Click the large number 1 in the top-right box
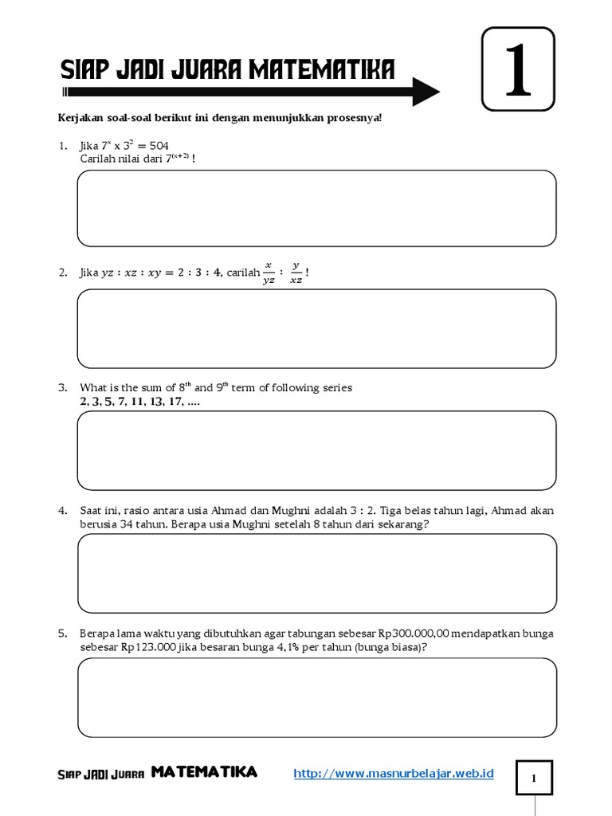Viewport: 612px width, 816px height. point(517,69)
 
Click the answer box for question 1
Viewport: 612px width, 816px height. point(316,207)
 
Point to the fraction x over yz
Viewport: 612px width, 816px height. point(269,273)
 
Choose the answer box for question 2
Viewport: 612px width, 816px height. point(316,328)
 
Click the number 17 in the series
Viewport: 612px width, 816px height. point(172,402)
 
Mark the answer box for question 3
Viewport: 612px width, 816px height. point(316,450)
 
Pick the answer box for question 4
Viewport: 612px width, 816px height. point(316,572)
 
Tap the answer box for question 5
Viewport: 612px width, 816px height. point(316,697)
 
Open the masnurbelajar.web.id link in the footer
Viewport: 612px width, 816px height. point(394,773)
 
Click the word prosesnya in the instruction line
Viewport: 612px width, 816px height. point(355,118)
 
